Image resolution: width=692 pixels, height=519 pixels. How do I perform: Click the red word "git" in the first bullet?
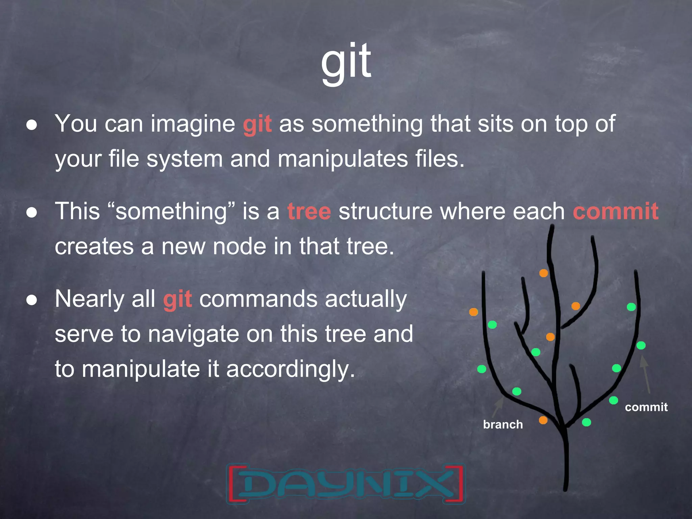(257, 124)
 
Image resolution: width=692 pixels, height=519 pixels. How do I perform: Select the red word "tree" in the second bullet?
(309, 212)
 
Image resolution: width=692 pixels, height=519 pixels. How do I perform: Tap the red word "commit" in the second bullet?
(615, 212)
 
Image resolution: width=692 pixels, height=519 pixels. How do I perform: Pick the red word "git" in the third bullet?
(177, 299)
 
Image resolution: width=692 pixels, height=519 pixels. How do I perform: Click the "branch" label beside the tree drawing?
(503, 424)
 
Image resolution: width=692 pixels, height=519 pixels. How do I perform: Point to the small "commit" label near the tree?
(646, 407)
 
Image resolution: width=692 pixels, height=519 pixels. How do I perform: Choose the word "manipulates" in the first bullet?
(343, 159)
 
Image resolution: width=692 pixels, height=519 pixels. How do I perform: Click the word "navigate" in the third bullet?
(193, 334)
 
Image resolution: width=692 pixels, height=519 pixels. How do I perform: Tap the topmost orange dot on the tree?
(543, 273)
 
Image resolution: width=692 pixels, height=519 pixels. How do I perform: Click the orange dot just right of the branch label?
(543, 420)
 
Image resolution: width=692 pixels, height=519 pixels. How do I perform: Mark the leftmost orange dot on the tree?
(473, 312)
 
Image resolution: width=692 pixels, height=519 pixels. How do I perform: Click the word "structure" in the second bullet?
(385, 212)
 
